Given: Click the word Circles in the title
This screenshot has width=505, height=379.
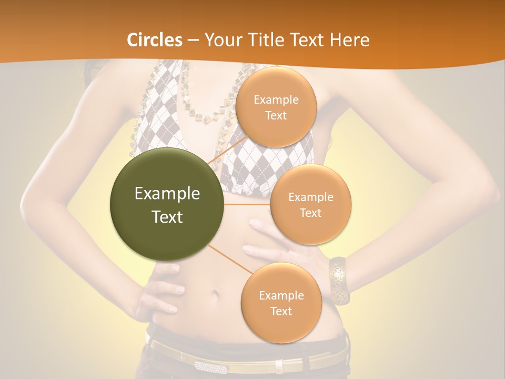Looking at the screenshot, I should (155, 40).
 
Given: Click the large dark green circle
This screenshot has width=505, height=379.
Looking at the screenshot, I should (167, 205).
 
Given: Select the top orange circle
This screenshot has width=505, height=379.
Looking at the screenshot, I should (276, 107).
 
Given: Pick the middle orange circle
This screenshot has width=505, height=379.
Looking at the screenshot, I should (310, 204).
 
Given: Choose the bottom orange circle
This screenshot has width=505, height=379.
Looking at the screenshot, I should (281, 303).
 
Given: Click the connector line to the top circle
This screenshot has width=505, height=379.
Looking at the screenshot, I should (227, 150).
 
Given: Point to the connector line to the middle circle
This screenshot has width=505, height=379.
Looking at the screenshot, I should (247, 204).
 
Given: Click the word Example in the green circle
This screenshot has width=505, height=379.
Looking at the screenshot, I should (167, 194).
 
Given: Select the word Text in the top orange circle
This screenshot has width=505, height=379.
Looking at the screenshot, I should (276, 115).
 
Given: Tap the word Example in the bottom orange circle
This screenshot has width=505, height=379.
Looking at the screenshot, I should (281, 295).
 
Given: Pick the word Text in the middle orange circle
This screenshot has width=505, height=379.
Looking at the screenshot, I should (310, 213).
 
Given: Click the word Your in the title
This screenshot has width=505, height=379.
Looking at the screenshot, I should (221, 40).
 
